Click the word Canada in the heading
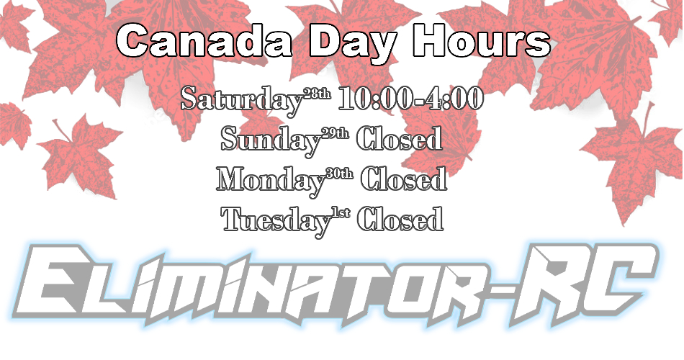(204, 40)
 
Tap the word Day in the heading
(353, 42)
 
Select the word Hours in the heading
(482, 40)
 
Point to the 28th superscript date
(317, 94)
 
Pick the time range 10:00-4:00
(411, 98)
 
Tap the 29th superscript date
(335, 133)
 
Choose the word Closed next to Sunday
(399, 138)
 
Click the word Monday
(271, 180)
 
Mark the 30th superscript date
(339, 174)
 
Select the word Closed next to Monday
(403, 179)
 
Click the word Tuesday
(276, 221)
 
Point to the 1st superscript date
(341, 214)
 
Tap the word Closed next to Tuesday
(400, 219)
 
